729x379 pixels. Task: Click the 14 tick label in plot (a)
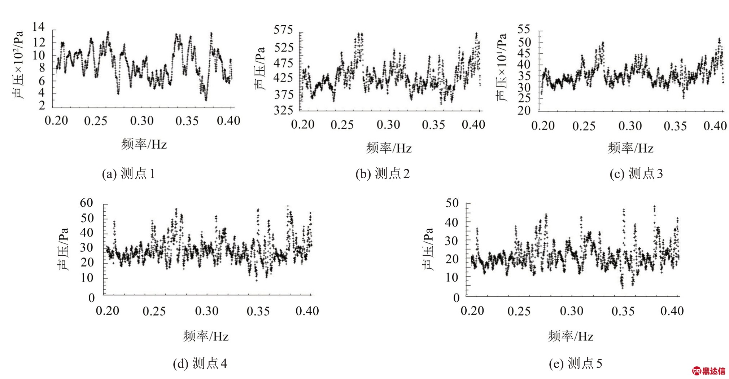click(x=39, y=27)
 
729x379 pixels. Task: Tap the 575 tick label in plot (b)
click(x=283, y=30)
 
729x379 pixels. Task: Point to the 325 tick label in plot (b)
click(x=283, y=110)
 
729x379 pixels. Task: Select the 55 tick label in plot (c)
click(x=524, y=29)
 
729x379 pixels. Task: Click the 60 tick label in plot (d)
click(x=87, y=203)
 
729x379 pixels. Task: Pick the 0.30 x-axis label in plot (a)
click(x=142, y=121)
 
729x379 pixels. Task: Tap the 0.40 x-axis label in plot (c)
click(x=715, y=126)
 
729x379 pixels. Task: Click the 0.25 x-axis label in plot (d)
click(x=154, y=311)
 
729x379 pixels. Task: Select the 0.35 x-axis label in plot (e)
click(x=623, y=311)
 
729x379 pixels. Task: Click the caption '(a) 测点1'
click(x=128, y=174)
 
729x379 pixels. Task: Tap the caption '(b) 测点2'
click(x=383, y=174)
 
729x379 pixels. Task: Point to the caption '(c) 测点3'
click(x=636, y=174)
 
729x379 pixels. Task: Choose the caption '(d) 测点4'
click(x=200, y=363)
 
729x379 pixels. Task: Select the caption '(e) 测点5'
click(x=576, y=363)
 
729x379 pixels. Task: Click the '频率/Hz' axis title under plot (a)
click(x=144, y=144)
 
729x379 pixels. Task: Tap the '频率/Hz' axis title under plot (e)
click(x=571, y=336)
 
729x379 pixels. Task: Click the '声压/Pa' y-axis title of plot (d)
click(x=63, y=249)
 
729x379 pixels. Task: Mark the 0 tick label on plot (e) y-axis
click(x=456, y=298)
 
